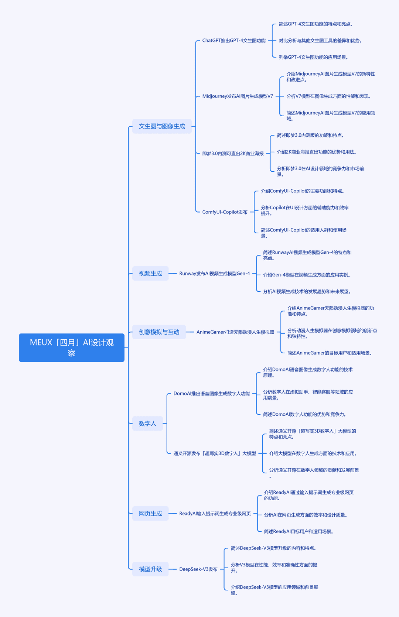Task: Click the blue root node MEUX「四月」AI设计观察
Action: pos(72,347)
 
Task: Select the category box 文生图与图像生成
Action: pos(162,126)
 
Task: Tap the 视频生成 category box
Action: pos(150,274)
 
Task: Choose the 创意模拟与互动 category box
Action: pos(159,332)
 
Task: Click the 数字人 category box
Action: pos(147,424)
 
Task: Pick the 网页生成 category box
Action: pos(150,514)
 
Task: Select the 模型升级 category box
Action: pos(150,569)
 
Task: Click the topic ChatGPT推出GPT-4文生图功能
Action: pos(234,41)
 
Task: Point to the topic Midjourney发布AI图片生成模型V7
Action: pos(238,96)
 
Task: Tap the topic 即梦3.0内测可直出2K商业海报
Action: pos(233,154)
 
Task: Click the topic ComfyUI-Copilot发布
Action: pos(225,212)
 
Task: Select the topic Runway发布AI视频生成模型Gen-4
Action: pos(215,274)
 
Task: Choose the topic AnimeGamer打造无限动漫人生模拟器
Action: pos(235,332)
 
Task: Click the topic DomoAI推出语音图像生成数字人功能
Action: pos(212,393)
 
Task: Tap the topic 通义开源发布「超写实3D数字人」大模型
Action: pos(215,453)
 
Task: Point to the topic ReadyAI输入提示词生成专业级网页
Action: pos(215,514)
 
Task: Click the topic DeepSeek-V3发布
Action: pos(198,569)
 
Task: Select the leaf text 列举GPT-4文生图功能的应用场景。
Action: pos(313,57)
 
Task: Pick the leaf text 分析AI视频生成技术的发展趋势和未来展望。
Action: pos(307,291)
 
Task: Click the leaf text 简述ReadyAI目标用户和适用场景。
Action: pos(299,531)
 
